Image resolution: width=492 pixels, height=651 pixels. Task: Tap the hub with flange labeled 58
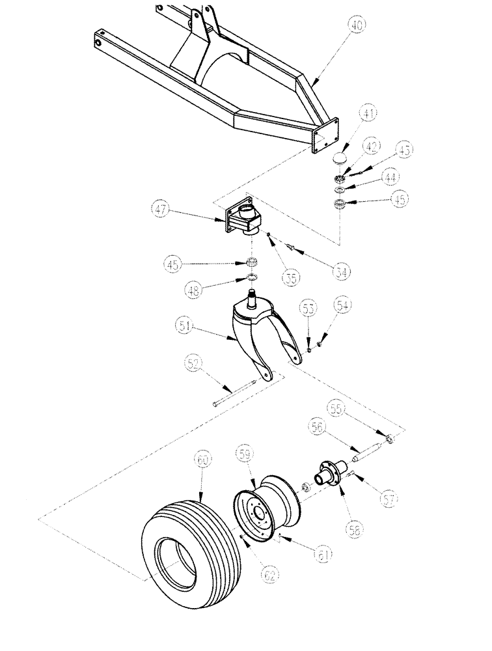tap(333, 475)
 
